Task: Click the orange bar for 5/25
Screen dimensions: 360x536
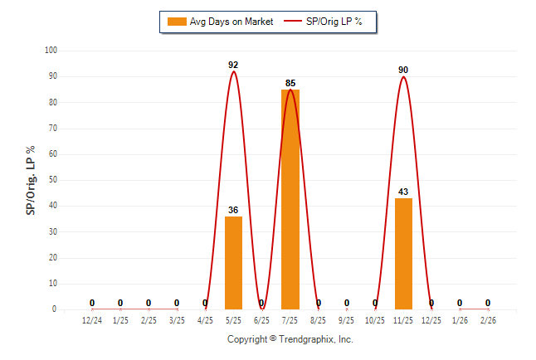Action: [x=233, y=263]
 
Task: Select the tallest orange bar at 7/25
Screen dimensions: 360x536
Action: [x=290, y=199]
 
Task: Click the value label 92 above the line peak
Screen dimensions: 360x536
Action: [x=233, y=65]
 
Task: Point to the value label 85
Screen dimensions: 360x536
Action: [x=290, y=83]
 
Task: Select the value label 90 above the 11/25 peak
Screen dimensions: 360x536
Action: [x=403, y=70]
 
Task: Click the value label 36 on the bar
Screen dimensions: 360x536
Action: [x=233, y=210]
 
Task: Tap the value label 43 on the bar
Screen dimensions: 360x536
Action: [x=403, y=192]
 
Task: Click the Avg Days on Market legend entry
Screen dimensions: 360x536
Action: [x=220, y=22]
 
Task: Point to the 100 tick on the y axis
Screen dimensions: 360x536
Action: [x=51, y=51]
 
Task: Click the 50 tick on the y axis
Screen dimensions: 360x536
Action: [x=52, y=180]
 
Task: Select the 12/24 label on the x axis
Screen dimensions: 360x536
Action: [x=92, y=320]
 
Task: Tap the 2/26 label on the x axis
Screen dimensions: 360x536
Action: [x=488, y=320]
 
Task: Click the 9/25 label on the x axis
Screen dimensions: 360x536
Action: [x=347, y=320]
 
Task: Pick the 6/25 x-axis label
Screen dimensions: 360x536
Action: [x=261, y=320]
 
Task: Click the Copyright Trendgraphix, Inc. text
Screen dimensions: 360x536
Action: [x=290, y=339]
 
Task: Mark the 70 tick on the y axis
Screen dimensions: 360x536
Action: [x=52, y=129]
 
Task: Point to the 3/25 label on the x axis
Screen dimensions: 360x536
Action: [x=177, y=320]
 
